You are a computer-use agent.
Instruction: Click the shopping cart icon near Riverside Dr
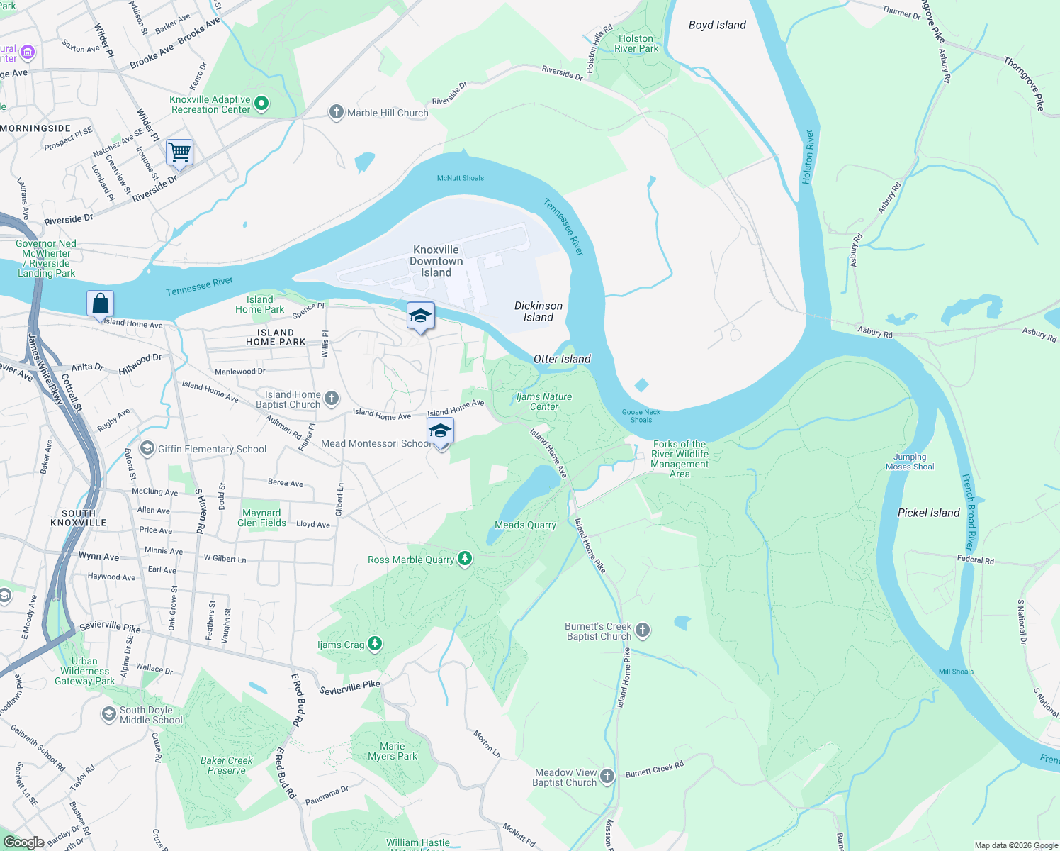tap(180, 152)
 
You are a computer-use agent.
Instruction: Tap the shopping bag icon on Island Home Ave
tap(101, 304)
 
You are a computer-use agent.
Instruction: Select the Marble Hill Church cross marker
tap(337, 112)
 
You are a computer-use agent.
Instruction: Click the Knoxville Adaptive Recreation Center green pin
tap(261, 104)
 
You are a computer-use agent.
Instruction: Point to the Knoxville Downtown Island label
tap(436, 261)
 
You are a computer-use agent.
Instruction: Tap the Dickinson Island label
tap(539, 311)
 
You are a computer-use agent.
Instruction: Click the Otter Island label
tap(562, 359)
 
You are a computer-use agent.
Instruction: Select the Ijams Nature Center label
tap(544, 401)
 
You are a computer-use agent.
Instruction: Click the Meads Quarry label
tap(525, 525)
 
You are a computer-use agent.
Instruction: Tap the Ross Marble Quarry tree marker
tap(465, 560)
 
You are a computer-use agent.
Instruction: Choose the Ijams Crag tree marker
tap(375, 644)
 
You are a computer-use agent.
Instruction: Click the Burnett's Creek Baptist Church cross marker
tap(643, 630)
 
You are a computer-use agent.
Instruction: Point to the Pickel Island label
tap(928, 513)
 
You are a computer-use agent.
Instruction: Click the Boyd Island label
tap(717, 25)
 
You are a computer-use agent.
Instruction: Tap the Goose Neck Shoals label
tap(641, 416)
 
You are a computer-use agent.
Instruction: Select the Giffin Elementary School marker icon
tap(147, 448)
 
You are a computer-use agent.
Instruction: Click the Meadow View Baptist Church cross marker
tap(607, 777)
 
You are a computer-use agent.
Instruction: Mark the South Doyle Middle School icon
tap(109, 713)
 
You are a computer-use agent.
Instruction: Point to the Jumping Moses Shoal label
tap(910, 462)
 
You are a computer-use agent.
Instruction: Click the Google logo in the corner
tap(23, 842)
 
